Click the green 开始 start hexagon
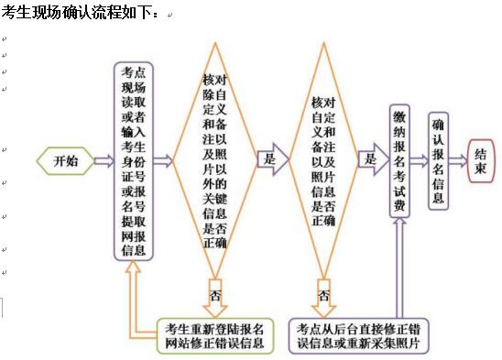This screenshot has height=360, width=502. [65, 161]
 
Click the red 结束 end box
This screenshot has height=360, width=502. [480, 162]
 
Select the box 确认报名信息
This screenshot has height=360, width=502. [439, 161]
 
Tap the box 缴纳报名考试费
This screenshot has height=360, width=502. [399, 161]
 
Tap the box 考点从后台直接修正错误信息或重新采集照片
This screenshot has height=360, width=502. [355, 335]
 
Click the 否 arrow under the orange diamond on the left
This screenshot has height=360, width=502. [215, 296]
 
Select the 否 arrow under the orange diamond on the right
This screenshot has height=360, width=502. [323, 296]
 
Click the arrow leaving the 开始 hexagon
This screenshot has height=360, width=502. [101, 161]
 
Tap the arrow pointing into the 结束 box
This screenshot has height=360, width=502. [461, 162]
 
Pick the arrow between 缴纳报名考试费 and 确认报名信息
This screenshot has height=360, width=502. [420, 162]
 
